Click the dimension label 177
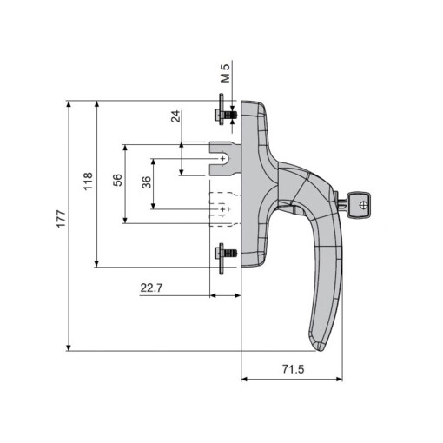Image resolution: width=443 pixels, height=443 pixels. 60,221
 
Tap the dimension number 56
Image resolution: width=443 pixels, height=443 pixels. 118,181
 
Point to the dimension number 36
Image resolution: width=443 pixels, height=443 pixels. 146,182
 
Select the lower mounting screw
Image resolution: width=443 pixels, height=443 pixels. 223,254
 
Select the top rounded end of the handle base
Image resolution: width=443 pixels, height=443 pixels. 252,105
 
